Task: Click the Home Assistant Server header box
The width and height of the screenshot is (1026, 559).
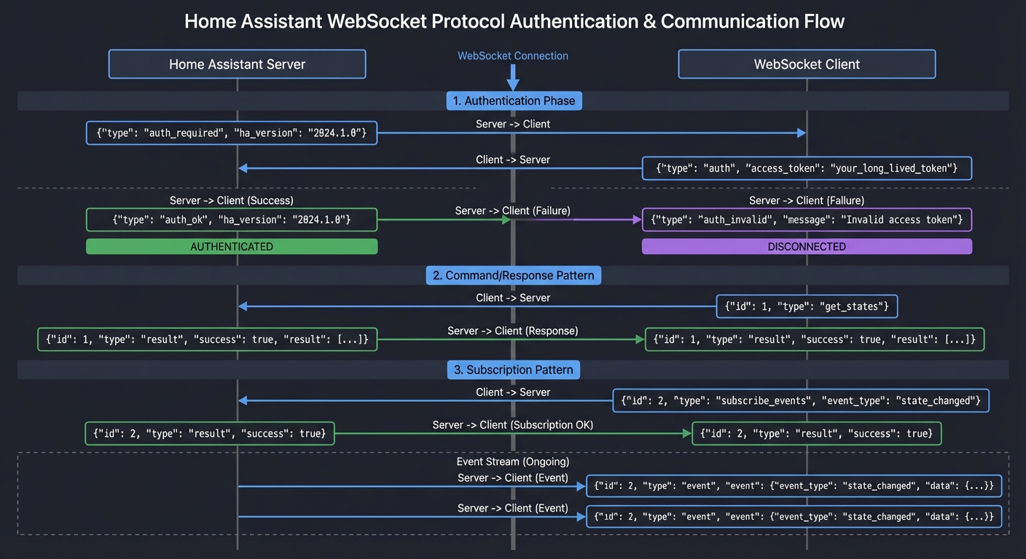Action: (x=237, y=64)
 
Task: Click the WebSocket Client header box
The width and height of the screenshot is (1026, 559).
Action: (x=807, y=64)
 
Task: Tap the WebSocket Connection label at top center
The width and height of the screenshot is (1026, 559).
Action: (x=512, y=56)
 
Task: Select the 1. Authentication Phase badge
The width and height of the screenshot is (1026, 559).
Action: (x=514, y=100)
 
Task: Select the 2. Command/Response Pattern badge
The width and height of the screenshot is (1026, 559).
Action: (x=514, y=275)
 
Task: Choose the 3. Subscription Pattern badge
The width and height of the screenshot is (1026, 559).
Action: (x=514, y=370)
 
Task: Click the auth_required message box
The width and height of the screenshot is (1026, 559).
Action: (x=232, y=133)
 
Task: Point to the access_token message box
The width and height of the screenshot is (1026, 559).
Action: (x=807, y=168)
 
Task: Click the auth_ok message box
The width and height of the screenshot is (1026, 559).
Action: (x=232, y=220)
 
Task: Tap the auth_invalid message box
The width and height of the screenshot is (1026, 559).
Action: (x=807, y=220)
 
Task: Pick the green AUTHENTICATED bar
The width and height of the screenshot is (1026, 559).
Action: (x=232, y=247)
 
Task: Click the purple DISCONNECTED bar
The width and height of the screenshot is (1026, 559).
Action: (x=807, y=247)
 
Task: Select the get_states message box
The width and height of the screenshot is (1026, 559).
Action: (x=807, y=306)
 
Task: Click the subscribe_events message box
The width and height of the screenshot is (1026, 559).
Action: (x=800, y=400)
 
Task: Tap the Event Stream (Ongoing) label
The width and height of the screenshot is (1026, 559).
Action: (x=512, y=461)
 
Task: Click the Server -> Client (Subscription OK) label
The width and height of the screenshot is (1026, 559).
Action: (x=512, y=424)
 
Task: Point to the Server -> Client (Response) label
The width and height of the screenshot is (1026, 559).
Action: (x=512, y=330)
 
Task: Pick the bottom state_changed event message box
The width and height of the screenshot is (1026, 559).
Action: (x=794, y=517)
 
